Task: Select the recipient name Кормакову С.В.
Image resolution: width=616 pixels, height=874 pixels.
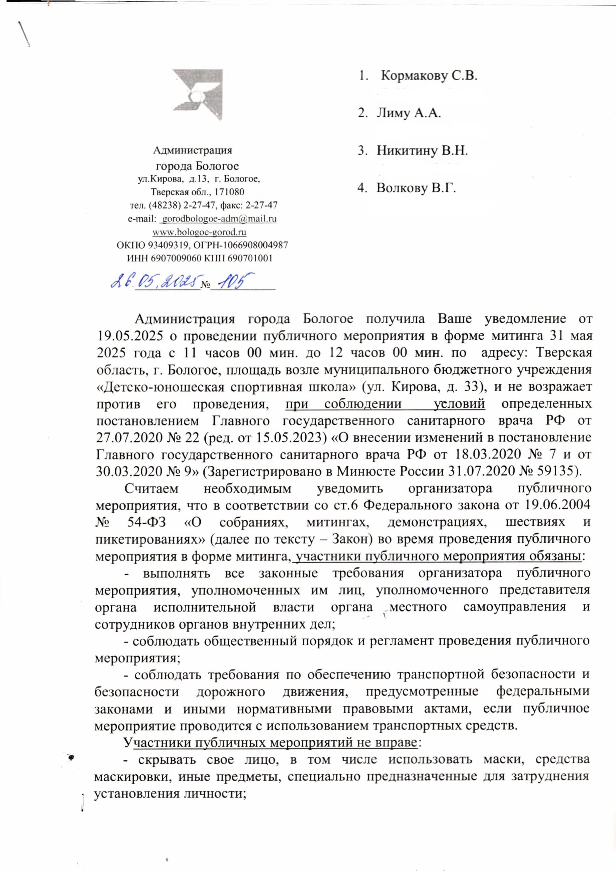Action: point(429,76)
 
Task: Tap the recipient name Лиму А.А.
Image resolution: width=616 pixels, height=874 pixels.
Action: point(408,113)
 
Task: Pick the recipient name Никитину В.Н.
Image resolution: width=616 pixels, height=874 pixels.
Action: point(422,151)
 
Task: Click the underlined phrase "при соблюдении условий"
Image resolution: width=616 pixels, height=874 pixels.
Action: point(385,403)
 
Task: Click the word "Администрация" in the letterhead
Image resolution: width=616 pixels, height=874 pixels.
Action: point(193,150)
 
